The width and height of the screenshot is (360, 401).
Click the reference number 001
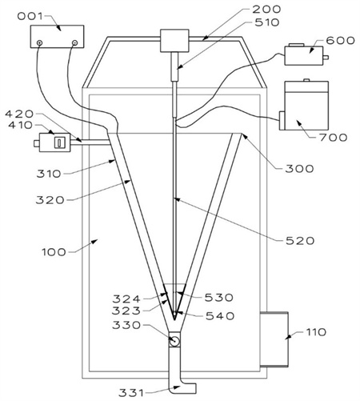[x=30, y=16]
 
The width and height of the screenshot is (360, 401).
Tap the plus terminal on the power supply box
[x=39, y=42]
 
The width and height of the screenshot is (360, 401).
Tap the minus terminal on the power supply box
[x=75, y=42]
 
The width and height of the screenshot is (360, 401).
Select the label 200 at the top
[x=266, y=10]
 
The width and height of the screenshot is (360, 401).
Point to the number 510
[x=267, y=22]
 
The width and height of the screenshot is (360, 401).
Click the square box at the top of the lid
[x=174, y=41]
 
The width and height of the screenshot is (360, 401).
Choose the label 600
[x=340, y=41]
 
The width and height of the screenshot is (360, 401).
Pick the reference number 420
[x=19, y=114]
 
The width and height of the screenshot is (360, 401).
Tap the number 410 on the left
[x=20, y=125]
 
